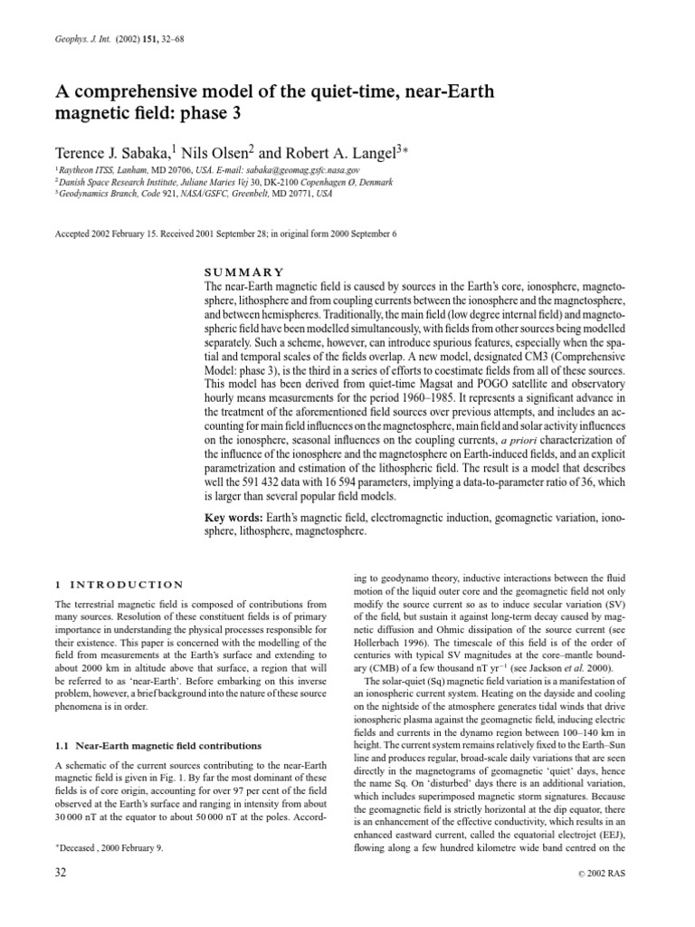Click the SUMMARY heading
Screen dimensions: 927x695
click(x=244, y=272)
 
